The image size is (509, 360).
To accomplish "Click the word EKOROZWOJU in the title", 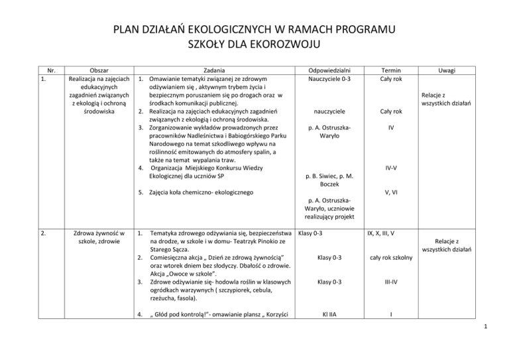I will (x=286, y=46).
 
